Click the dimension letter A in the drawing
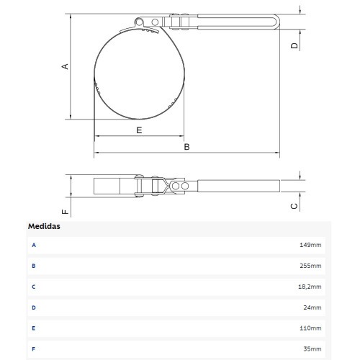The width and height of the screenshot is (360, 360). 65,66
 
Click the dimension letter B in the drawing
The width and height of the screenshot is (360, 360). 186,147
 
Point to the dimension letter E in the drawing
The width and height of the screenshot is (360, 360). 139,130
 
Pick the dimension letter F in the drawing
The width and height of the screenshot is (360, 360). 65,212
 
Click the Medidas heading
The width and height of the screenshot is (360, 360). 44,226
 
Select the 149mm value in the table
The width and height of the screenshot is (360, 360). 310,245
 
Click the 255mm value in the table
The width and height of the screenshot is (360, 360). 310,266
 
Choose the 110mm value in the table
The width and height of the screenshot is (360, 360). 310,328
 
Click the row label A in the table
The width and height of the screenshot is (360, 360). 33,245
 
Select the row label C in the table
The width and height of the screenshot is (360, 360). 33,287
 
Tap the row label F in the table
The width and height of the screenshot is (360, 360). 33,349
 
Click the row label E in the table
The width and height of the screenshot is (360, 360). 33,328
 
